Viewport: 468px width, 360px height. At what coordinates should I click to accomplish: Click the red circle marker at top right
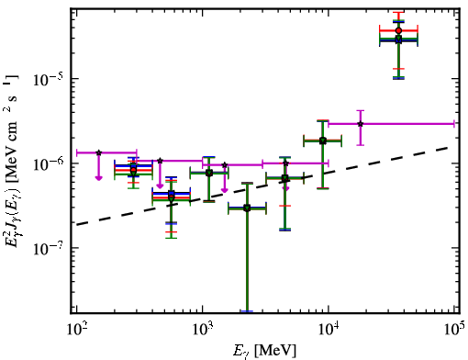pyautogui.click(x=398, y=30)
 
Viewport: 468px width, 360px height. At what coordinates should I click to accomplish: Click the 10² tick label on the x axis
pyautogui.click(x=76, y=328)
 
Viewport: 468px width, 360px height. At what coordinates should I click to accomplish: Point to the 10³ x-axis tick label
pyautogui.click(x=202, y=328)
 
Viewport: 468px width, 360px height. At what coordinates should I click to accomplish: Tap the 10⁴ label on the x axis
pyautogui.click(x=329, y=328)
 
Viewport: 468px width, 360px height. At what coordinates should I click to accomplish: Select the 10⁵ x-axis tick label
pyautogui.click(x=454, y=328)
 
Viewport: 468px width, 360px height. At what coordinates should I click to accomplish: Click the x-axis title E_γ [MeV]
pyautogui.click(x=264, y=351)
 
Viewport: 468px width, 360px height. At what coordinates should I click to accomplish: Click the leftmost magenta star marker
pyautogui.click(x=98, y=152)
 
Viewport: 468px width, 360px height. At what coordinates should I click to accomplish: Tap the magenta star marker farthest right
pyautogui.click(x=361, y=124)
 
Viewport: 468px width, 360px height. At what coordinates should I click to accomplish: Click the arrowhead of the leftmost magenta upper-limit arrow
pyautogui.click(x=98, y=178)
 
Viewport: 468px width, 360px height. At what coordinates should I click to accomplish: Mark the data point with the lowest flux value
pyautogui.click(x=247, y=208)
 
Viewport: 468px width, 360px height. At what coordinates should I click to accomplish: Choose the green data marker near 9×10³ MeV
pyautogui.click(x=323, y=141)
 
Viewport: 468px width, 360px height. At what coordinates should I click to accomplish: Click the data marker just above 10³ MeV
pyautogui.click(x=209, y=173)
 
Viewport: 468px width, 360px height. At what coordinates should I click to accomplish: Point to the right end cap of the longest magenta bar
pyautogui.click(x=454, y=124)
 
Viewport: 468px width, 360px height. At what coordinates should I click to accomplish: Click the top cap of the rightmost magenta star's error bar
pyautogui.click(x=361, y=110)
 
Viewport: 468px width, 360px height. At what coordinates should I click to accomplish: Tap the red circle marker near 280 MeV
pyautogui.click(x=133, y=170)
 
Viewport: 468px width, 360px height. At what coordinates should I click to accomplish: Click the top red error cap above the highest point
pyautogui.click(x=398, y=13)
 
